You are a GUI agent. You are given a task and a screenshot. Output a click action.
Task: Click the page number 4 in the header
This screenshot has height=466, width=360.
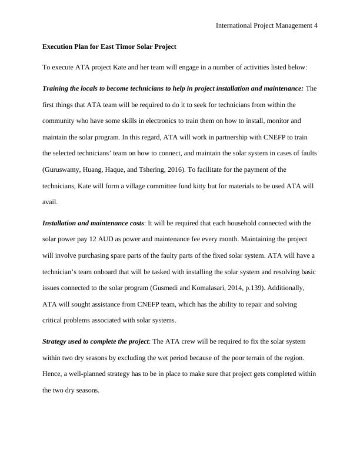pos(315,25)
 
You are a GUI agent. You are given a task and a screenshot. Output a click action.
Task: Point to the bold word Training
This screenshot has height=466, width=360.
pos(57,88)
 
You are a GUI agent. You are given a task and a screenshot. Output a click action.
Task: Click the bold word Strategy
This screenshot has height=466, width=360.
pos(58,341)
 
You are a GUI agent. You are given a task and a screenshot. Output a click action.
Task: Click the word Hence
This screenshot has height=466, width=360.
pos(52,374)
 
